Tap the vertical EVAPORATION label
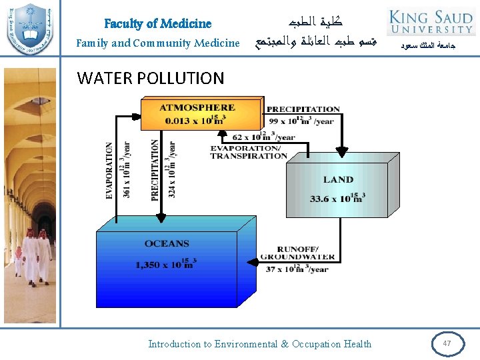pos(110,171)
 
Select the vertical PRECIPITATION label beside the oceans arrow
pos(155,170)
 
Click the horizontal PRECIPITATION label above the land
pos(303,109)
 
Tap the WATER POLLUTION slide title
pos(151,78)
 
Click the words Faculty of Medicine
pos(157,23)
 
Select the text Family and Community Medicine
pos(157,43)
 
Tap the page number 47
pos(447,343)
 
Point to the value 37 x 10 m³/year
pos(297,269)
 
